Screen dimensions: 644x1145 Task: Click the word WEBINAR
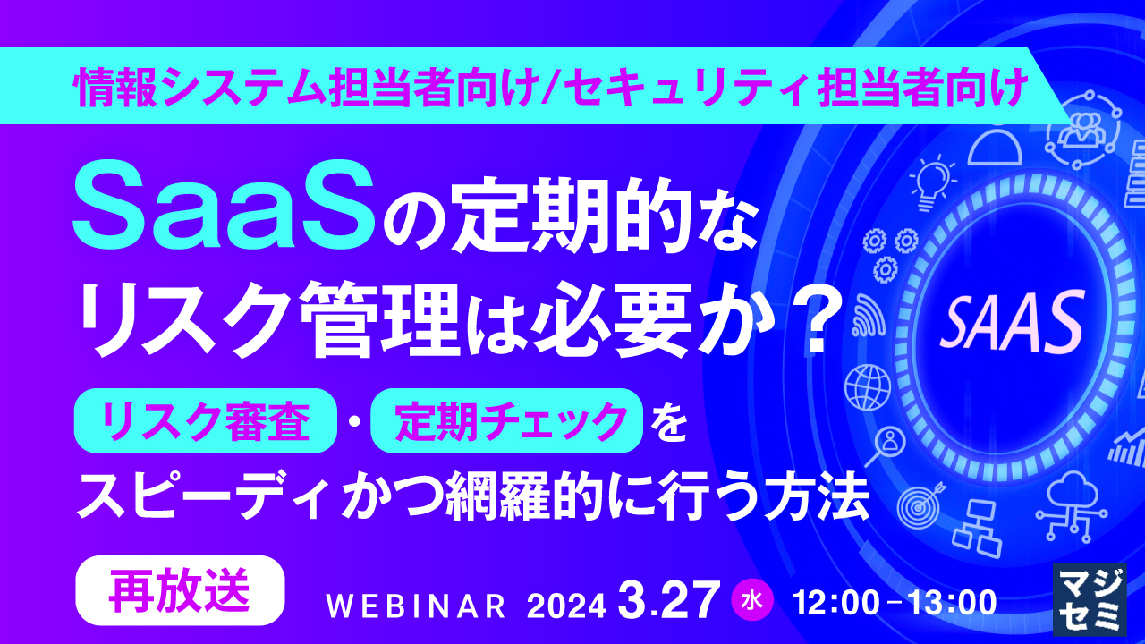tap(417, 606)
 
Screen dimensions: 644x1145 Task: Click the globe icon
tap(864, 386)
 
